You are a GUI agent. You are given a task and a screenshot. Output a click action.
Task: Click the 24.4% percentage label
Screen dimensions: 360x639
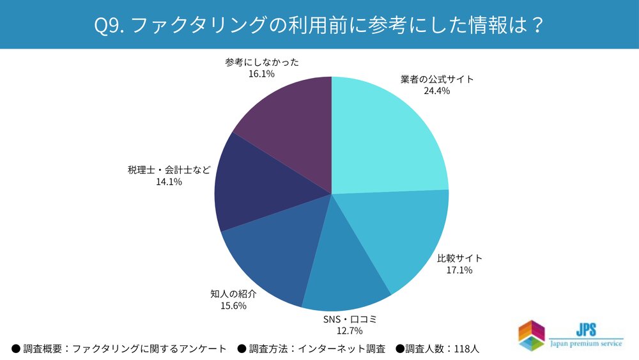436,91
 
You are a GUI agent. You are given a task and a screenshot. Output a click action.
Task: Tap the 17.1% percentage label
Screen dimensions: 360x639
459,270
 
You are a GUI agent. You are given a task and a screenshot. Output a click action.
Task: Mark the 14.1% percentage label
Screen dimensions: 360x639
169,182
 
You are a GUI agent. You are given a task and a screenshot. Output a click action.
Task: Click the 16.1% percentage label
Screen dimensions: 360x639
261,74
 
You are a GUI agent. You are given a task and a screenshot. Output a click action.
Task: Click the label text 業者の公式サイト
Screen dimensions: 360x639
436,79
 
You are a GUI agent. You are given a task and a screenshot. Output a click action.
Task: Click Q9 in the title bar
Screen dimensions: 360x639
106,24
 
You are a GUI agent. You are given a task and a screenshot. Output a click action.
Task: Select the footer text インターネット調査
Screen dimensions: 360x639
349,348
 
